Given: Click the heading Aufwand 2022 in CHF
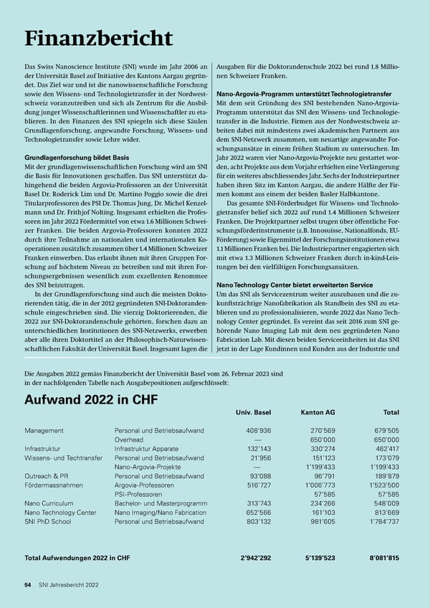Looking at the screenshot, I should tap(91, 399).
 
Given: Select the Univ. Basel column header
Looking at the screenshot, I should tap(253, 412).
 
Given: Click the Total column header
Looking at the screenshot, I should tap(391, 412).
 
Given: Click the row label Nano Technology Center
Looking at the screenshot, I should tap(60, 513).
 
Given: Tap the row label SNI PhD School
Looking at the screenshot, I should tap(48, 522).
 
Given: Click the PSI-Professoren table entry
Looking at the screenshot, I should tap(138, 495).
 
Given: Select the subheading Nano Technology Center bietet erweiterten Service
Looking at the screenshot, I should tap(302, 285).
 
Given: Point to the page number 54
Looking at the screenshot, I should tap(27, 585).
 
